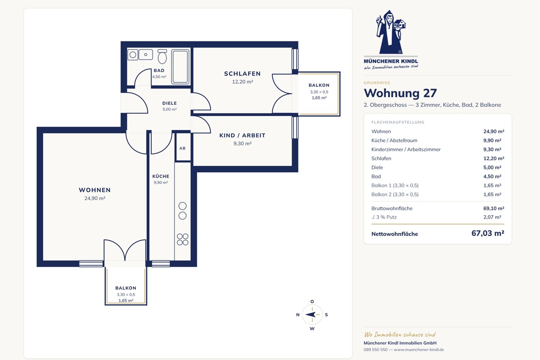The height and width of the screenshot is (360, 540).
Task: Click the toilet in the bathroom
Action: coord(162,56)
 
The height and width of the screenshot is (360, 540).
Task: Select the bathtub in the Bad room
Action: coord(180,67)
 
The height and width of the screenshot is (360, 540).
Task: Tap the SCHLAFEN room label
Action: coord(242,73)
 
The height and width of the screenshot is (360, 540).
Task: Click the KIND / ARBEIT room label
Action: coord(242,135)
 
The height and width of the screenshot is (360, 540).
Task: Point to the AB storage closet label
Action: coord(183,148)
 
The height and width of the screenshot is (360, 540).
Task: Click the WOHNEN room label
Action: coord(95,190)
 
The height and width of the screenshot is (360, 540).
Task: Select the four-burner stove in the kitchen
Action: coord(183,239)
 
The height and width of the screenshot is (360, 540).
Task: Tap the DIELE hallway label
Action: coord(170,103)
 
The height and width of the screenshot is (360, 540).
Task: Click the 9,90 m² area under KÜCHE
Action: coord(161,183)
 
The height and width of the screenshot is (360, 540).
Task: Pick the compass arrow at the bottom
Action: coord(310,315)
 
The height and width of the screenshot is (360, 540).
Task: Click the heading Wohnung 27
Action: coord(400,93)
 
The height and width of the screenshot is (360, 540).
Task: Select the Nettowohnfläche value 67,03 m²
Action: coord(488,233)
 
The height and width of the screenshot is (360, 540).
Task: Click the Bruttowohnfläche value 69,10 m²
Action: coord(494,208)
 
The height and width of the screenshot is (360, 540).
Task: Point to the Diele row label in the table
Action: coord(377,167)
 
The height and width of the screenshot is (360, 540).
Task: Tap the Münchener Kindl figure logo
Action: coord(391,32)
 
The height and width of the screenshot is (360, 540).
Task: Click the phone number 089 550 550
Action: coord(376,350)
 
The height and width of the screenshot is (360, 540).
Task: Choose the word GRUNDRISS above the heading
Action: coord(377,83)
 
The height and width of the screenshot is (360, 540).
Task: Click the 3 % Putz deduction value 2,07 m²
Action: coord(492,217)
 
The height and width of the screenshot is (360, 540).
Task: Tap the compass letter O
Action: coord(312,301)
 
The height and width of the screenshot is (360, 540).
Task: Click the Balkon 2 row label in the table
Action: coord(395,194)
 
